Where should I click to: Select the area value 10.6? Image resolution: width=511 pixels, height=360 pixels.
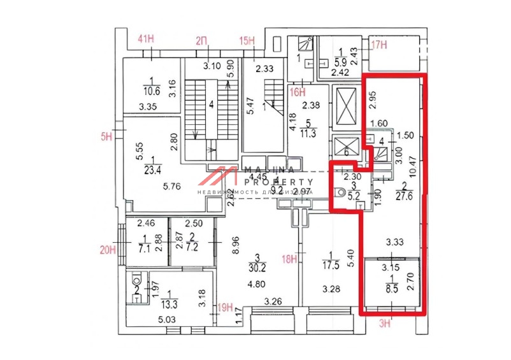coord(151,90)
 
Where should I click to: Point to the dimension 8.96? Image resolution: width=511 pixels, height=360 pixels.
coord(235,245)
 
